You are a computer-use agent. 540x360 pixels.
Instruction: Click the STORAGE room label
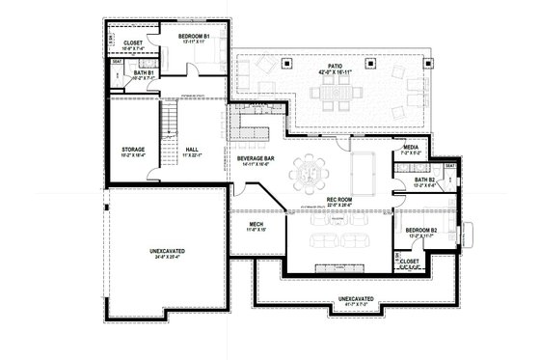pyautogui.click(x=133, y=150)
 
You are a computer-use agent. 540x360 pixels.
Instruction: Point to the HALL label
pyautogui.click(x=191, y=150)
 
